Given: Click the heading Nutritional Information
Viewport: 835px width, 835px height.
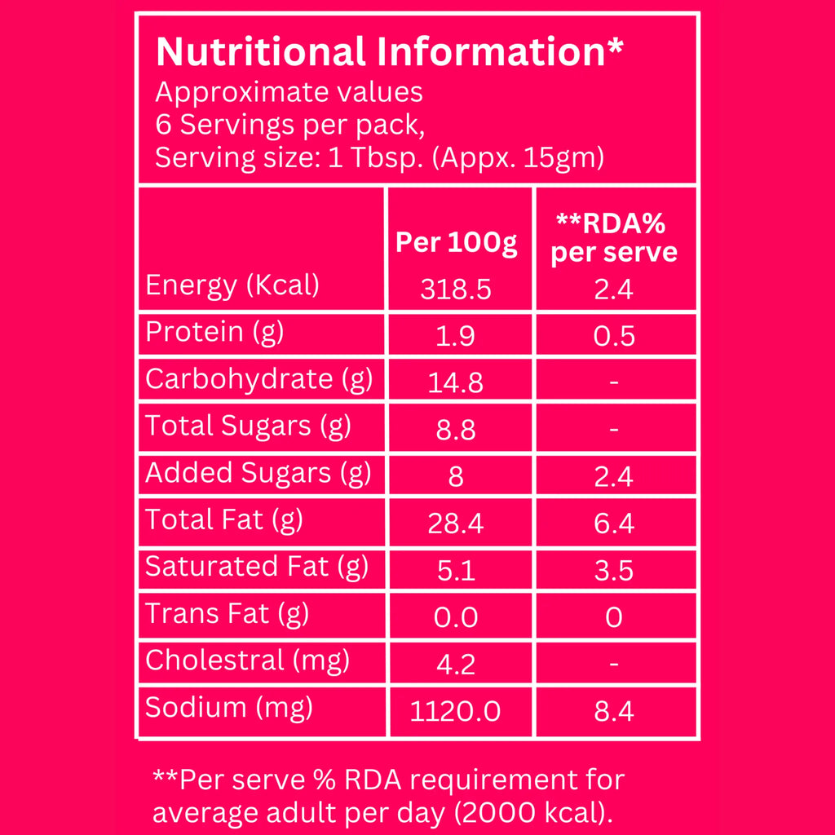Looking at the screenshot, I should (390, 51).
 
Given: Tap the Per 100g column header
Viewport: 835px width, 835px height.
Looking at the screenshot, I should (456, 242).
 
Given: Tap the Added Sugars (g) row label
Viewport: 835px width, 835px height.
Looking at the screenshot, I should (258, 473).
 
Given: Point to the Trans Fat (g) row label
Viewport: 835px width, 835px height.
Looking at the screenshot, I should (227, 613).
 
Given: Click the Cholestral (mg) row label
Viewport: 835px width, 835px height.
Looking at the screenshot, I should (247, 660).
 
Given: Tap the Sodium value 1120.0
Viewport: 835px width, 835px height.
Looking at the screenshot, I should (456, 712).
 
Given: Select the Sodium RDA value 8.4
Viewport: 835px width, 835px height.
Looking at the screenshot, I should (614, 712).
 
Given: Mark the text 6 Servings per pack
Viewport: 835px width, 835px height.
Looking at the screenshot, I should (290, 125).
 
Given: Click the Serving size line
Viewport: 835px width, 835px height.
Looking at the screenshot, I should (379, 157).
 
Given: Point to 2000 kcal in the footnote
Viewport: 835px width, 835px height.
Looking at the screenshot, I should (538, 813).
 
